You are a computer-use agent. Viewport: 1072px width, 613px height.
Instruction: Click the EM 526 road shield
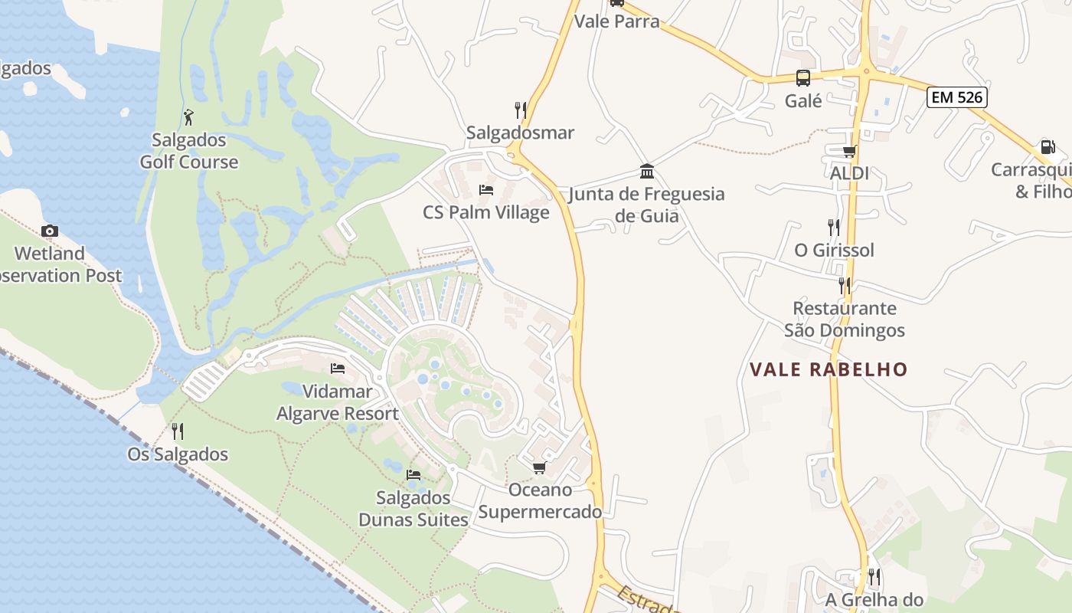click(956, 97)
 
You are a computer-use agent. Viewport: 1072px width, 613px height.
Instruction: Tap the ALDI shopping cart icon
click(849, 151)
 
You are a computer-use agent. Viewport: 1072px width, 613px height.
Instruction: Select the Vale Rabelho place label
click(829, 369)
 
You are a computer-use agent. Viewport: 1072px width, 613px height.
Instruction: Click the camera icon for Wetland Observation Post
click(50, 231)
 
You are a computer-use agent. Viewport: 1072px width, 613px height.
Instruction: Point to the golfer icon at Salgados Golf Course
click(189, 117)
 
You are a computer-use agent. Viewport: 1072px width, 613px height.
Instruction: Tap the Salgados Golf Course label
click(189, 151)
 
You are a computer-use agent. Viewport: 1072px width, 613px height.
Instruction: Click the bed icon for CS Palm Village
click(485, 189)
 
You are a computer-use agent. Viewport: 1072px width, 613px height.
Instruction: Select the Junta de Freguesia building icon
click(647, 171)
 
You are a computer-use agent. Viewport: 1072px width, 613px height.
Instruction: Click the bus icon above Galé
click(803, 78)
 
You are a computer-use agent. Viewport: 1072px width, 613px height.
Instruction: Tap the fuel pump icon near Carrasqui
click(1047, 147)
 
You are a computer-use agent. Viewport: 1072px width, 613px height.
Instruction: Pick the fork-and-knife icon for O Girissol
click(833, 227)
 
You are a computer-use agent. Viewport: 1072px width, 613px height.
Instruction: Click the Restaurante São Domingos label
click(845, 320)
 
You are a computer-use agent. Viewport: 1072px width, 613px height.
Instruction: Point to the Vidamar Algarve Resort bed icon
click(338, 369)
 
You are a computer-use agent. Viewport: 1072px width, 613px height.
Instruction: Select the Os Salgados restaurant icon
click(178, 431)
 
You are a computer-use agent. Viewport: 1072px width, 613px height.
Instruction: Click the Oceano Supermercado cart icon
click(540, 467)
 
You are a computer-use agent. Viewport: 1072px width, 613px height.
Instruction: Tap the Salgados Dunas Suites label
click(413, 509)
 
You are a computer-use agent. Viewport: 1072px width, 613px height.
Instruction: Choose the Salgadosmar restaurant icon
click(521, 110)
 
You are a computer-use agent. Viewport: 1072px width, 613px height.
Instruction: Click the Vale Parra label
click(616, 21)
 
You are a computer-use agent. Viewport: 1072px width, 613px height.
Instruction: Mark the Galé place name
click(803, 100)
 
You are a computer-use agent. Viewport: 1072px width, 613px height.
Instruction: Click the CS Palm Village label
click(486, 212)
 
